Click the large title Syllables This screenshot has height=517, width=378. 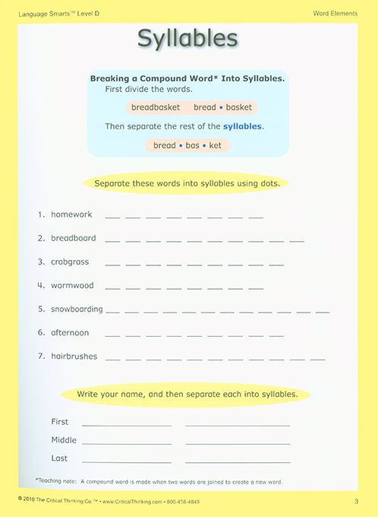187,39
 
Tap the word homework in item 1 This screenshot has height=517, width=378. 71,214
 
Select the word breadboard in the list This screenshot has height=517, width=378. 73,238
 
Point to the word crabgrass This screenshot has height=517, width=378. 70,262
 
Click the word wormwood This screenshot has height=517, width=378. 72,285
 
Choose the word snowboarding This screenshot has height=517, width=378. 77,309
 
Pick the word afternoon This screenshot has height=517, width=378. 70,332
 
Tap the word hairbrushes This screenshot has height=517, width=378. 74,356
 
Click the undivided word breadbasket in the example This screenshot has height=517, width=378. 156,108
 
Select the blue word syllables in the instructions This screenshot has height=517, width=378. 243,126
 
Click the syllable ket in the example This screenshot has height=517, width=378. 216,145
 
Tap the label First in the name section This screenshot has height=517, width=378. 59,421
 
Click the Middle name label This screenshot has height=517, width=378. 64,440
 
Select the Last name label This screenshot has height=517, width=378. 59,458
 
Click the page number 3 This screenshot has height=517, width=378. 356,501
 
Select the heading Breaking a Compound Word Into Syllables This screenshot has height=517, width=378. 187,78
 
